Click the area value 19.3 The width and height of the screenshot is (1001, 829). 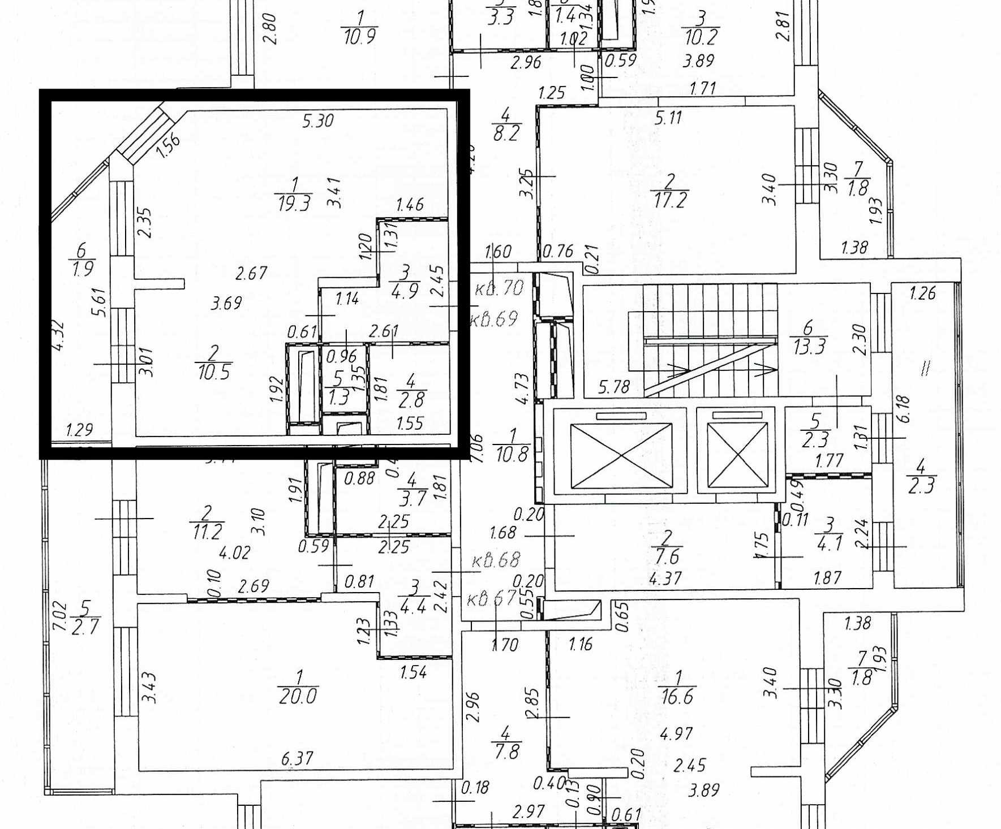point(294,203)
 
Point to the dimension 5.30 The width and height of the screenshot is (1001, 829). point(317,120)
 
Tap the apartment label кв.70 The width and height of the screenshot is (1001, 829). point(499,288)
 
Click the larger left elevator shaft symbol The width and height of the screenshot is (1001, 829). point(621,455)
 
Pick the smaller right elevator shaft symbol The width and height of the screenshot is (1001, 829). point(734,455)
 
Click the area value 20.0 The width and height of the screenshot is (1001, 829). point(298,696)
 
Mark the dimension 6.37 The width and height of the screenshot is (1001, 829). point(298,758)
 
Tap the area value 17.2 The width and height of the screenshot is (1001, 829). point(669,200)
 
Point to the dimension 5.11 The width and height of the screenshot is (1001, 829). point(668,118)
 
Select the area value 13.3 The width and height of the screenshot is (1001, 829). point(809,347)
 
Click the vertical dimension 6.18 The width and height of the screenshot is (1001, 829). point(904,409)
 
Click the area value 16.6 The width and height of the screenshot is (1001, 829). point(677,696)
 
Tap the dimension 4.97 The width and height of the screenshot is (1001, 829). point(676,734)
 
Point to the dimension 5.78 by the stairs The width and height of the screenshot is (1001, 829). point(614,387)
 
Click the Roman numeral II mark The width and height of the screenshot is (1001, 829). point(925,369)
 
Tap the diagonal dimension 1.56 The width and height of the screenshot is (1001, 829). point(167,145)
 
